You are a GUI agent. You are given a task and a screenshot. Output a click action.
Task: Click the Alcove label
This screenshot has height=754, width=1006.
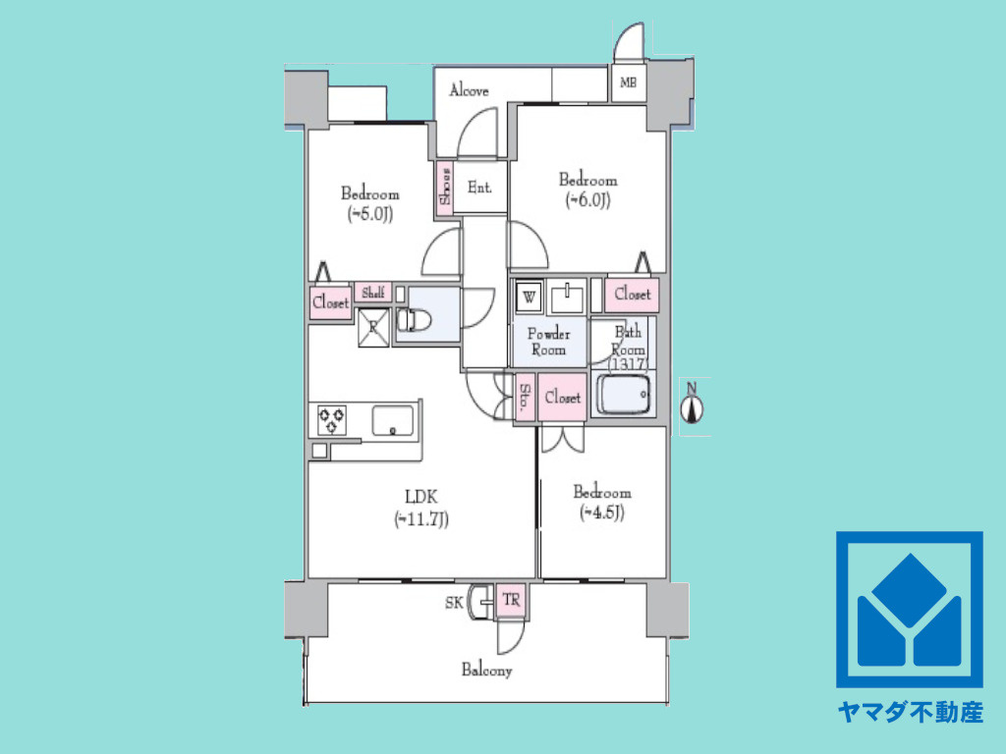[469, 90]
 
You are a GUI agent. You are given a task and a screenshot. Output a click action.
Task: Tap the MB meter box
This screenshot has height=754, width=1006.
[628, 82]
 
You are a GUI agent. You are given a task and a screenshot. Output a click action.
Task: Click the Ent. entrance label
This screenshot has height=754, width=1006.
[479, 188]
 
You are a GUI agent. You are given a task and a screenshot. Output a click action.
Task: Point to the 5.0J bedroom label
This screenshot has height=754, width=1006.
[369, 203]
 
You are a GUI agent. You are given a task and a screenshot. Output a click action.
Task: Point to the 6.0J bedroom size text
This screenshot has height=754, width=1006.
[587, 200]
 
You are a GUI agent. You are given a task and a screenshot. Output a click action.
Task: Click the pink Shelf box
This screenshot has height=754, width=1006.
[372, 293]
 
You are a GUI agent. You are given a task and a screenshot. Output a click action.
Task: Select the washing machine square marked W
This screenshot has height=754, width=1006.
[530, 296]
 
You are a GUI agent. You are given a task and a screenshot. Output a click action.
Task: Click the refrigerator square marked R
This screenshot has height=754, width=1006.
[373, 327]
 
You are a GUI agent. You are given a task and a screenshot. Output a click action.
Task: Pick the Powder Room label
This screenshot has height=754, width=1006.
[548, 342]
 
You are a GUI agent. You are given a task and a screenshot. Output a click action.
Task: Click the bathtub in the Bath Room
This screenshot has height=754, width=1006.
[624, 394]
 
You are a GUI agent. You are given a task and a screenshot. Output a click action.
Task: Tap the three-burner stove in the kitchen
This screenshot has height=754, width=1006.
[332, 420]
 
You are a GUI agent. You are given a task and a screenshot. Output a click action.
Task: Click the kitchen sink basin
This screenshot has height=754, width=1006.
[393, 420]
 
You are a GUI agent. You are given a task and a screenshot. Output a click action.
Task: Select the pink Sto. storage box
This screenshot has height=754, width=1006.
[526, 398]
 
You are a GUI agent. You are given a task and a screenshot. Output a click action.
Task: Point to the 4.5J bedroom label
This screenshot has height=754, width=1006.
[602, 502]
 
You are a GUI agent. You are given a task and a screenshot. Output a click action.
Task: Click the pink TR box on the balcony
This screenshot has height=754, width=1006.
[511, 601]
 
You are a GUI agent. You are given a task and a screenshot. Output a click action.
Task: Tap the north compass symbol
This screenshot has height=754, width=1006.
[693, 404]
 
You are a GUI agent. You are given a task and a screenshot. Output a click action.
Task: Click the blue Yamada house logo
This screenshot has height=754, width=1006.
[910, 609]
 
